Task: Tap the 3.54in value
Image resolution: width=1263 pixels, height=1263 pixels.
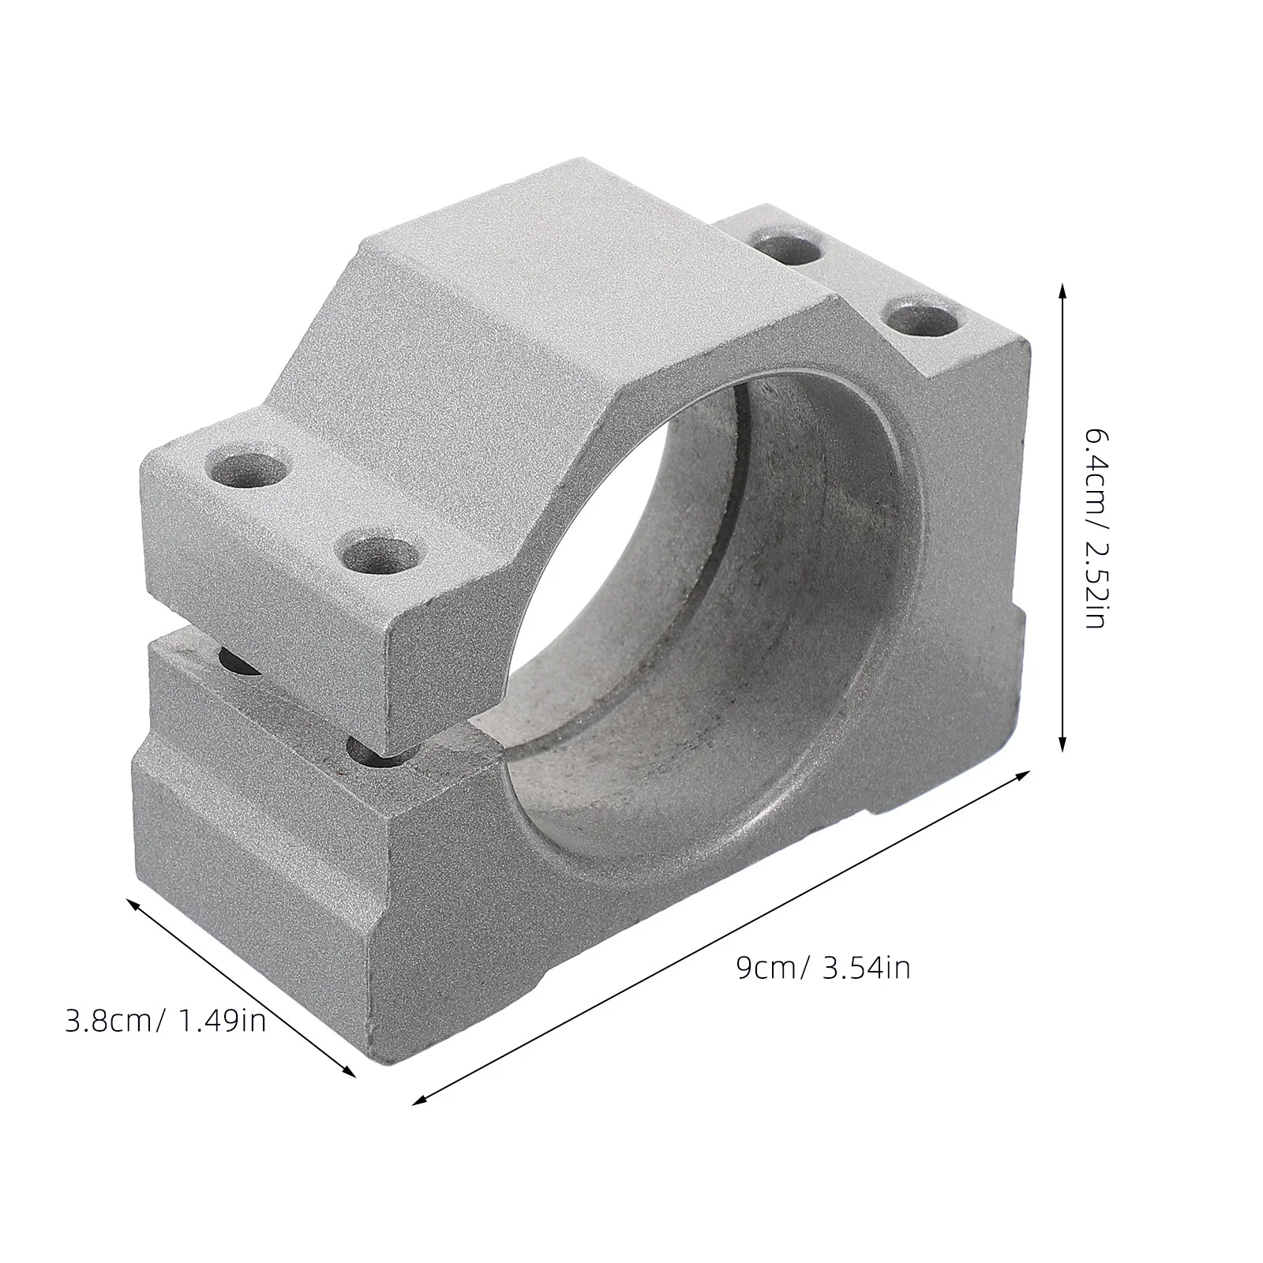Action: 867,968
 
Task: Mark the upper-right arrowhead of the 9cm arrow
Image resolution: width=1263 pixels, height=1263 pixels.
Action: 1024,775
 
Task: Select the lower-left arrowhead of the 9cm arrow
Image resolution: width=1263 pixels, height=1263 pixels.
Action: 419,1100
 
